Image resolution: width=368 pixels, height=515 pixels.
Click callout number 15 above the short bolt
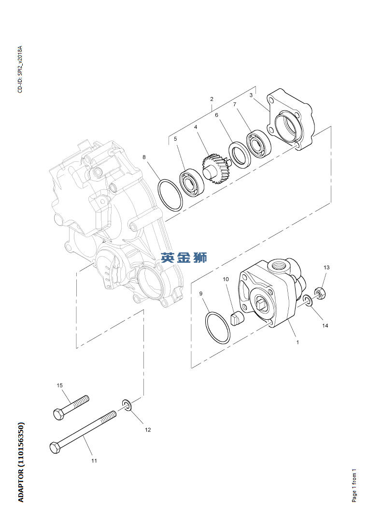click(x=60, y=386)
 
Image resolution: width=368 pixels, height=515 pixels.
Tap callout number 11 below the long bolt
click(x=94, y=461)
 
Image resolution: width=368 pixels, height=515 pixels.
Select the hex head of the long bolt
click(x=55, y=447)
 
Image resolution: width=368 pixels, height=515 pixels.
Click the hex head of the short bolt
click(x=57, y=414)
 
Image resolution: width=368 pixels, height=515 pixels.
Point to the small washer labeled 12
click(x=127, y=405)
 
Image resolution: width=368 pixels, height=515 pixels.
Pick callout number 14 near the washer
click(x=325, y=326)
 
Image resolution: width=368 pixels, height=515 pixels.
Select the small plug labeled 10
click(x=237, y=319)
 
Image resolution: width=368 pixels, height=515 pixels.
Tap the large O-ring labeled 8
click(x=170, y=195)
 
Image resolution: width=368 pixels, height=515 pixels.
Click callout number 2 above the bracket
click(x=212, y=99)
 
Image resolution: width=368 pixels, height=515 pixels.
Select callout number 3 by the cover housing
click(x=251, y=95)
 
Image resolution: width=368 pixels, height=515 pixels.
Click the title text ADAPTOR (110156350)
click(x=21, y=462)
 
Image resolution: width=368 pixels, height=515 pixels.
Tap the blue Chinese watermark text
click(x=184, y=257)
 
